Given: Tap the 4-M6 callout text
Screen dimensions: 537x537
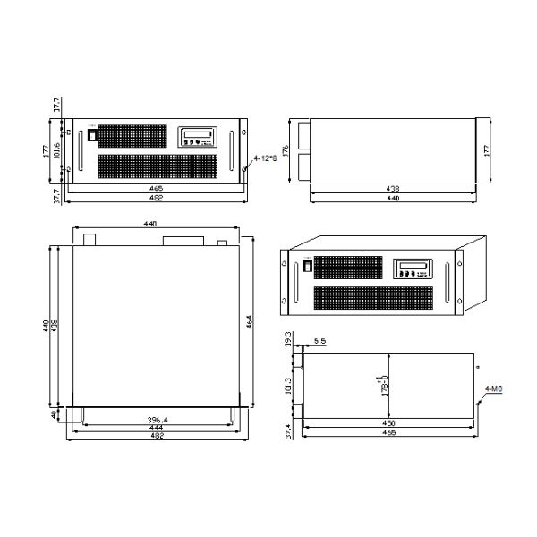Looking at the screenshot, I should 492,388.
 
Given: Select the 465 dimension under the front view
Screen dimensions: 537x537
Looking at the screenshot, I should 157,190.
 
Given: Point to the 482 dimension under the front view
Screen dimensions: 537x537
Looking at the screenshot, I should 157,198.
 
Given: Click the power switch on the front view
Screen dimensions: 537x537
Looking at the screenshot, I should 90,134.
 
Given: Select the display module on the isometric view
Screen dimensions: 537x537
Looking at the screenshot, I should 412,270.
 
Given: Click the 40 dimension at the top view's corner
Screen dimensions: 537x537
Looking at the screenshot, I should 55,415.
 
